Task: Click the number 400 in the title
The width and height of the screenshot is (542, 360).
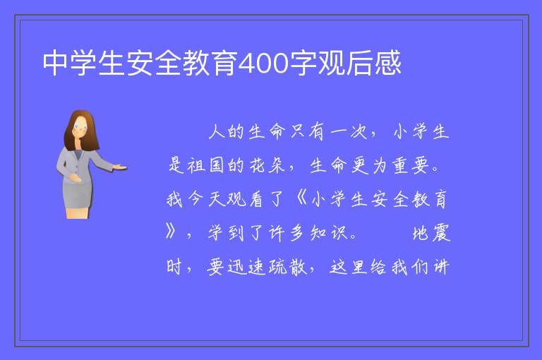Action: click(263, 63)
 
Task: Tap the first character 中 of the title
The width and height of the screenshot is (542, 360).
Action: click(56, 63)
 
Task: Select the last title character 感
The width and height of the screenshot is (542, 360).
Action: click(388, 63)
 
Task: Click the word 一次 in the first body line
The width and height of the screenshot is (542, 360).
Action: click(348, 132)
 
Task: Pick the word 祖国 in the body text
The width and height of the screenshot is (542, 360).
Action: click(205, 165)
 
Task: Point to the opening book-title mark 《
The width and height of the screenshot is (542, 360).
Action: click(302, 198)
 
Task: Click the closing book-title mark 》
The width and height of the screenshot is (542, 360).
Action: click(170, 231)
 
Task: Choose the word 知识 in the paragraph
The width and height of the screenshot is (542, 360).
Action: click(328, 233)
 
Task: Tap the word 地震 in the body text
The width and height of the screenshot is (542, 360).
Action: click(431, 233)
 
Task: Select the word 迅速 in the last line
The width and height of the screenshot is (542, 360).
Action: click(246, 267)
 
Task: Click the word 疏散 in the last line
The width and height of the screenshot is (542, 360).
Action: click(288, 267)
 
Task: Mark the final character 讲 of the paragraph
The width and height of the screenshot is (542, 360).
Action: click(441, 267)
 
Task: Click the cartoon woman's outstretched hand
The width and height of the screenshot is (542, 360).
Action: click(119, 167)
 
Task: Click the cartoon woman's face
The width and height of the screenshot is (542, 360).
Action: click(80, 127)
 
